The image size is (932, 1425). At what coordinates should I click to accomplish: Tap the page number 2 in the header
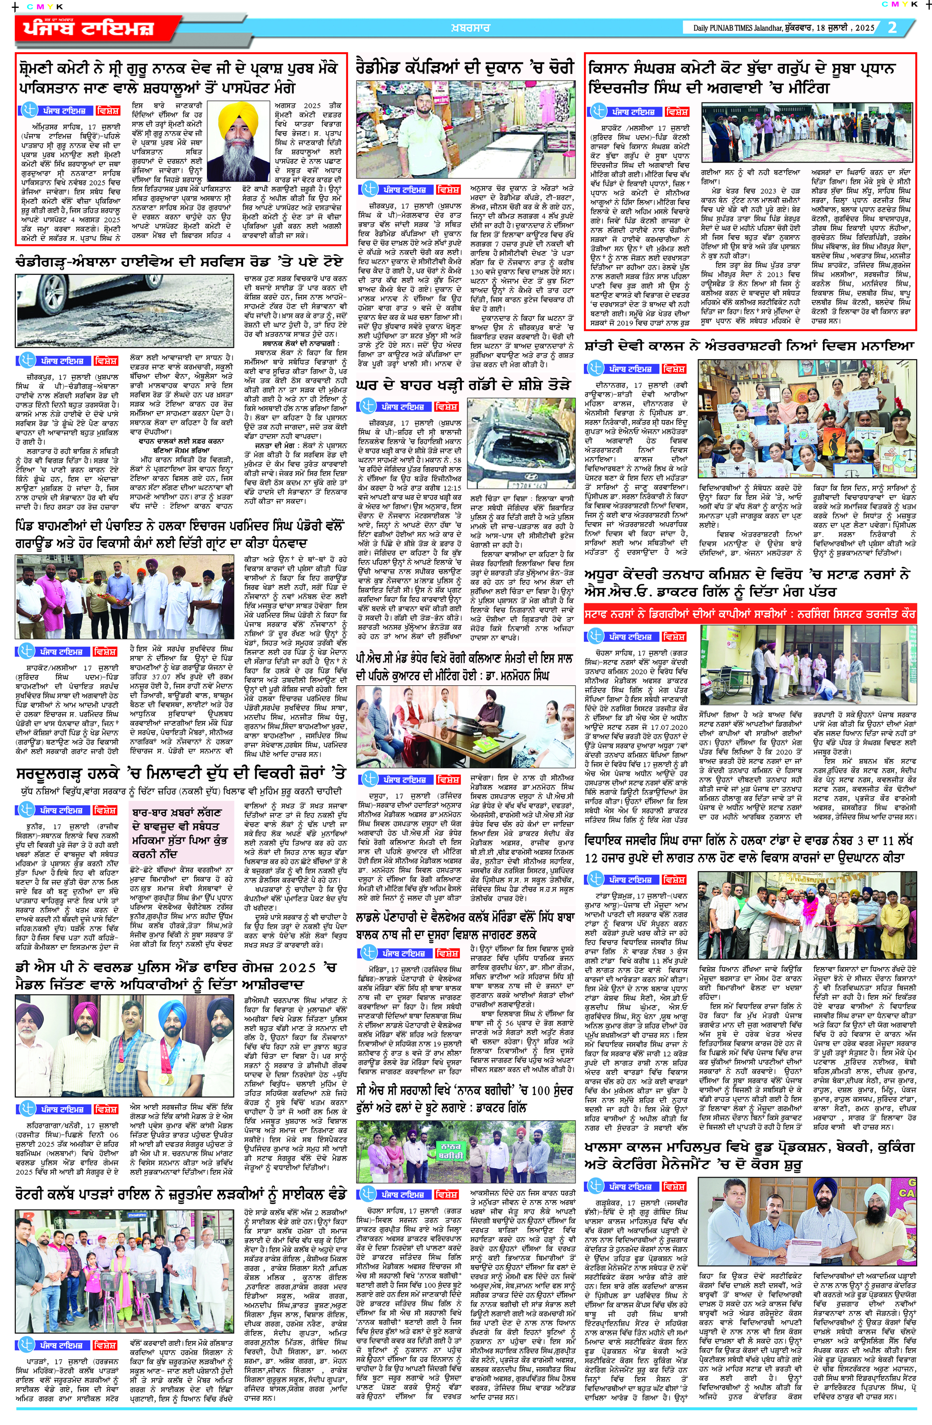point(892,27)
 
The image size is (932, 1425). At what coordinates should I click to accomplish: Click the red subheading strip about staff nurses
point(749,614)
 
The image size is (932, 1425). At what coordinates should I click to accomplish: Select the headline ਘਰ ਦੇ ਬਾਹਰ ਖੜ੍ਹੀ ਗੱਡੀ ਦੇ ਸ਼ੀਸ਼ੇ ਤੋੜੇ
point(464,385)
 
